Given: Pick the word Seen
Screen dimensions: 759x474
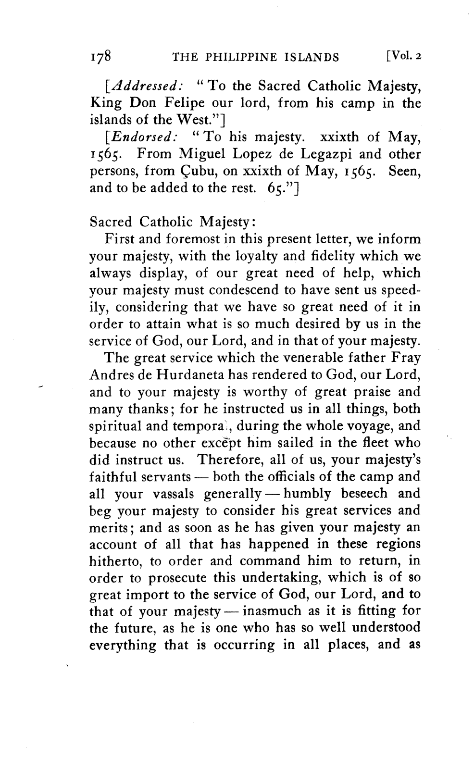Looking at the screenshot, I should pos(405,172).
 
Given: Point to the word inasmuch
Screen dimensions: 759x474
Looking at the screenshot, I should pos(274,611).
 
